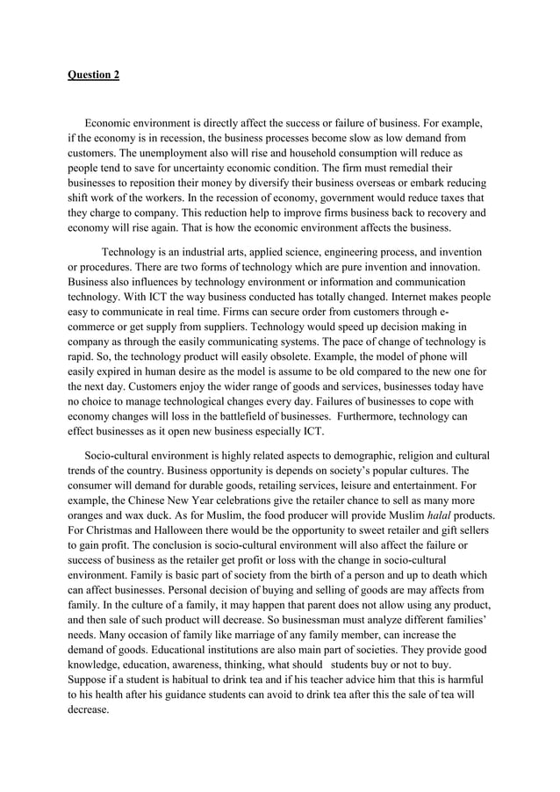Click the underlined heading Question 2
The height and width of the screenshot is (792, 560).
[94, 75]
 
